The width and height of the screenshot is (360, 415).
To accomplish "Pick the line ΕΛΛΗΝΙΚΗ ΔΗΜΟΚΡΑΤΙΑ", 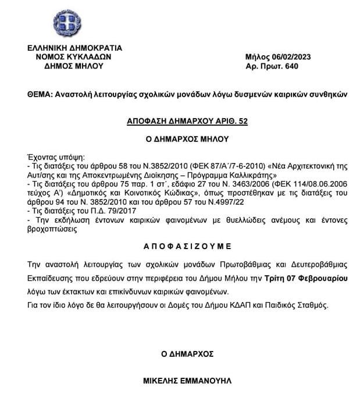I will pyautogui.click(x=74, y=48).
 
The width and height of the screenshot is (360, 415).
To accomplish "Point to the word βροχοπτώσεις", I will pyautogui.click(x=54, y=229).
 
